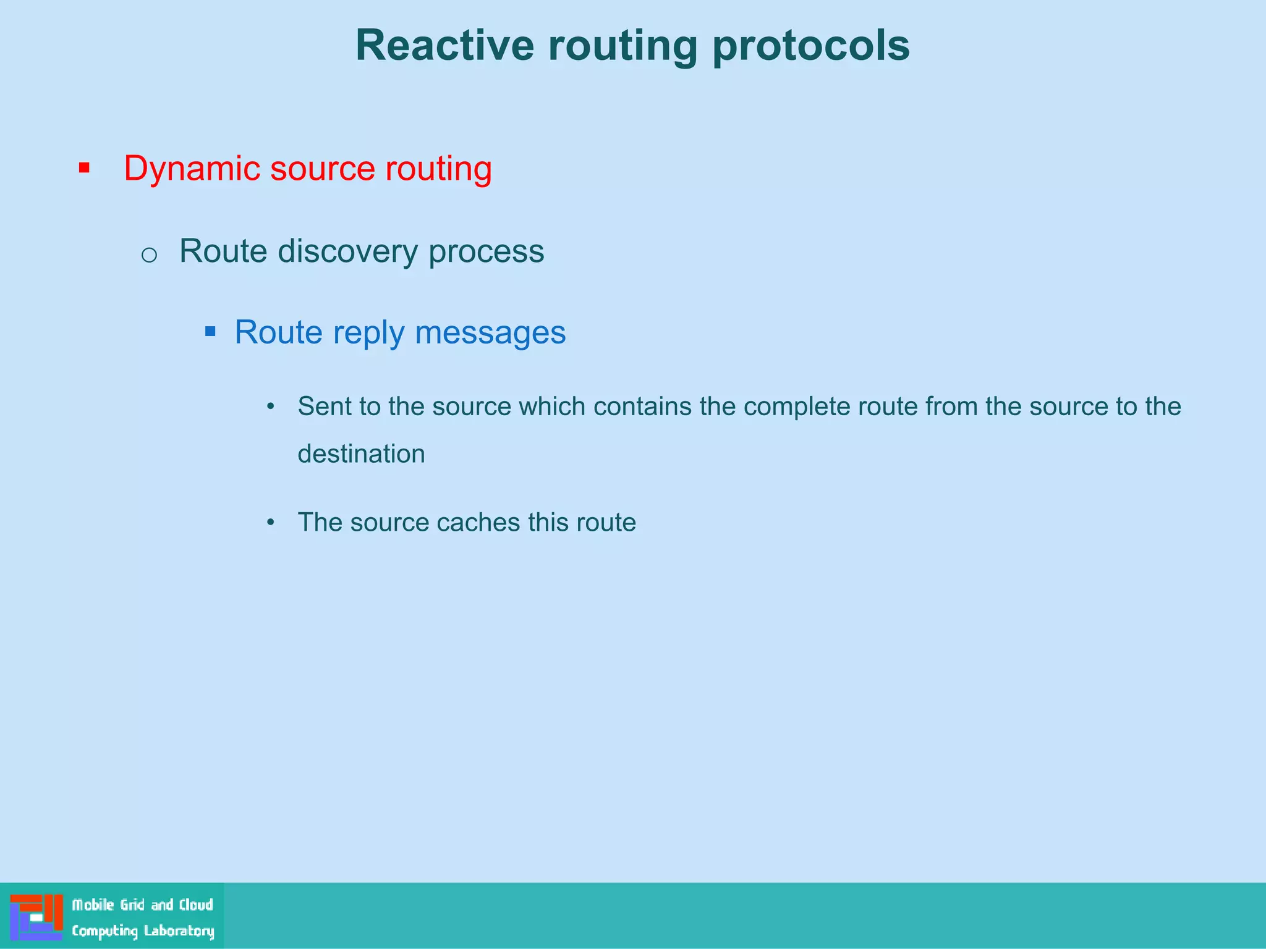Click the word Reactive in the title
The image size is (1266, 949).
coord(444,46)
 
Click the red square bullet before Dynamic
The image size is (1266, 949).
coord(85,168)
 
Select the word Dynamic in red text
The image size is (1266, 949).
coord(192,169)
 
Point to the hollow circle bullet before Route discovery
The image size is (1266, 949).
coord(149,255)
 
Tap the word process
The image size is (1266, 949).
coord(486,251)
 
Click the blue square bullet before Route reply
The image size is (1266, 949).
coord(210,332)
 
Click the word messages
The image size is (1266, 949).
coord(490,332)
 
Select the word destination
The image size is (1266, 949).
coord(361,454)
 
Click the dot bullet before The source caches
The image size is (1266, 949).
coord(270,523)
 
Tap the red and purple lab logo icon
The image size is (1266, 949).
coord(36,917)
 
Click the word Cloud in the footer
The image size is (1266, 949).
coord(196,905)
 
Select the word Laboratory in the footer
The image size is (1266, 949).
coord(179,931)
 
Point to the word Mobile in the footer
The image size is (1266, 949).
coord(93,905)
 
